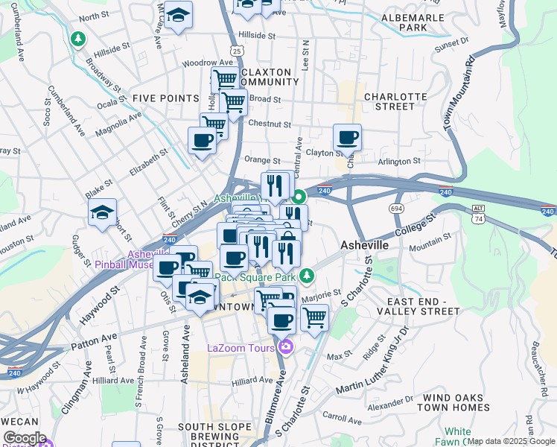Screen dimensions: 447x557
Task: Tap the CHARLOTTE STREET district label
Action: point(395,101)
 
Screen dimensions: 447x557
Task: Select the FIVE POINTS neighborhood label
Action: point(165,98)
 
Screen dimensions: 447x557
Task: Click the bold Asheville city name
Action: point(364,245)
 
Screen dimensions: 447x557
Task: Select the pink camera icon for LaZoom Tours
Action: point(285,347)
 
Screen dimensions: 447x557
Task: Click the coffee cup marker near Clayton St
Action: point(347,138)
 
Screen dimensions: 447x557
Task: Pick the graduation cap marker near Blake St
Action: point(102,213)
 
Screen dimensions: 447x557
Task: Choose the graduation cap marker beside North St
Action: point(178,15)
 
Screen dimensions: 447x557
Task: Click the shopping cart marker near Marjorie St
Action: point(315,317)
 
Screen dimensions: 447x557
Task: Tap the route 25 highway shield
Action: point(236,50)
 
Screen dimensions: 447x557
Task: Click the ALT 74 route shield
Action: point(478,214)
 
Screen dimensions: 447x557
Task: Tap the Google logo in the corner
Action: point(24,438)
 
